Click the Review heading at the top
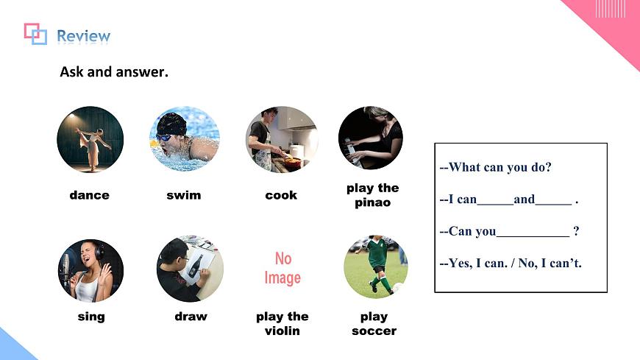coord(83,36)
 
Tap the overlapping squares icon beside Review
coord(35,33)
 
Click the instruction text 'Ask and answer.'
coord(114,72)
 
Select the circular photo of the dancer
coord(90,139)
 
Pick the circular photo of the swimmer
coord(184,138)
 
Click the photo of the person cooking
coord(281,139)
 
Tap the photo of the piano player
coord(371,138)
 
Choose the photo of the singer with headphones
coord(90,270)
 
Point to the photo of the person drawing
coord(190,269)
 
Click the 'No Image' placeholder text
coord(282,268)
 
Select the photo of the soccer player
coord(375,267)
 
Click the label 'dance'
coord(89,195)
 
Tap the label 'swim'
coord(184,195)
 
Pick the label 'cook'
coord(281,195)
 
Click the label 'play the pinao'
coord(372,195)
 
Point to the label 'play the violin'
coord(282,324)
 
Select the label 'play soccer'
coord(374,324)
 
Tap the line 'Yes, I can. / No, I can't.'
coord(511,263)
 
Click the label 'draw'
coord(191,317)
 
